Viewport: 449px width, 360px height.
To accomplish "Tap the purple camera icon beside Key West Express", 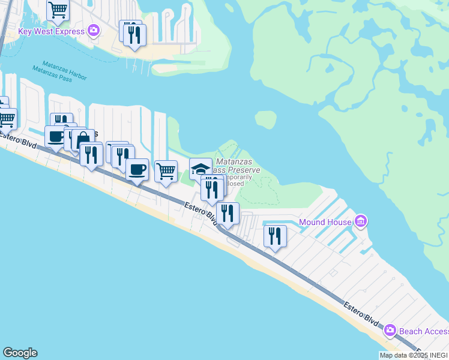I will click(94, 29).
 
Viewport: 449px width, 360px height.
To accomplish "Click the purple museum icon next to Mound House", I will click(360, 222).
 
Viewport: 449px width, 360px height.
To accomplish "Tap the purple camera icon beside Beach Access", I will click(390, 330).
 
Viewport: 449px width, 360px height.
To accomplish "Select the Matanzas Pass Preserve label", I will click(238, 166).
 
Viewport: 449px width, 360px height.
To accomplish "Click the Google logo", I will click(20, 353).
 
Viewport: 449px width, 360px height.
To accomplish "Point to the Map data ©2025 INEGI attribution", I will click(414, 355).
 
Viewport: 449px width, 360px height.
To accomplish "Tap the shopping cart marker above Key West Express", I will click(58, 10).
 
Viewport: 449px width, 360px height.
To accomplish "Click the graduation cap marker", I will click(200, 169).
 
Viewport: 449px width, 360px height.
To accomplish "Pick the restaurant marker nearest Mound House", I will click(275, 235).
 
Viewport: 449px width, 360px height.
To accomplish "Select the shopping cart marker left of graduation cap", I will click(166, 171).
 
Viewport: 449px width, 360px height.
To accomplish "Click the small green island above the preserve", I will click(265, 119).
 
